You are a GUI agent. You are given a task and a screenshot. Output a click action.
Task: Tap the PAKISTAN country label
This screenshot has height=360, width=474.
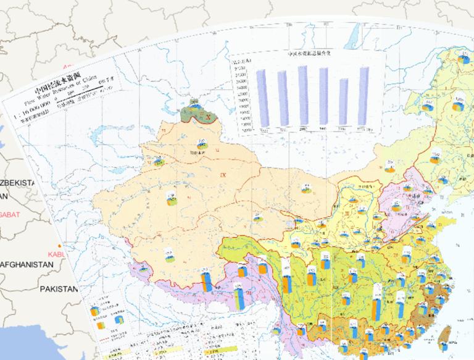(x=59, y=289)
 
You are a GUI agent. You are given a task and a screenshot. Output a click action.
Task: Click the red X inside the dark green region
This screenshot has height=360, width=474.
(x=209, y=116)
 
